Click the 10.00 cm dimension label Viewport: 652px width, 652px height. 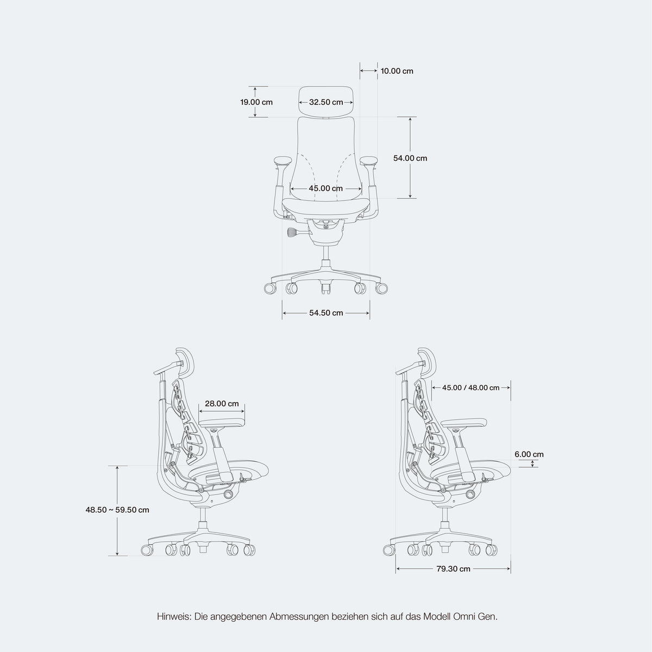397,71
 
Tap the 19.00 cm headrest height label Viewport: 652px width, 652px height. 256,102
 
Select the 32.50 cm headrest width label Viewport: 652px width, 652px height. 326,102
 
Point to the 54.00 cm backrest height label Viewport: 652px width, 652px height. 410,158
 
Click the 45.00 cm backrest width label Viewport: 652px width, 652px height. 326,189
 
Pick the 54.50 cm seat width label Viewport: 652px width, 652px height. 326,313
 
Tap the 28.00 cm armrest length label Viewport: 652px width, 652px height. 222,404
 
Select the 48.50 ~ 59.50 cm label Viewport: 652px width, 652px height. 117,510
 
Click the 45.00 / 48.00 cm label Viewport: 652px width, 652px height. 471,388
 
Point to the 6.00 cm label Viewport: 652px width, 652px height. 529,454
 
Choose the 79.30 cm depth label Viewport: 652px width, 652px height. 453,569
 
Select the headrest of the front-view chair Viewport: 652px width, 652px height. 326,102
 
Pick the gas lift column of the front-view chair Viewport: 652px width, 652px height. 326,253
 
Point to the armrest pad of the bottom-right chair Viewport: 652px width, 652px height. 465,423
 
